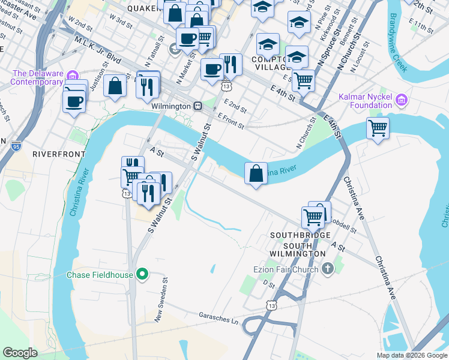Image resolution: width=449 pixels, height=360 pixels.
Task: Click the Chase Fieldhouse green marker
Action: click(x=142, y=275)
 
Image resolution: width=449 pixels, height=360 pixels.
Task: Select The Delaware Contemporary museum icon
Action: click(x=72, y=76)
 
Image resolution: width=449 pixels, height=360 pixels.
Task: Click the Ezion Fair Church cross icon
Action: click(x=328, y=268)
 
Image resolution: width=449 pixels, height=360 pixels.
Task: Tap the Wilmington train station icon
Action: click(x=197, y=106)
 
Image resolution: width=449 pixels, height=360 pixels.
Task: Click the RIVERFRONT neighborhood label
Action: click(x=59, y=154)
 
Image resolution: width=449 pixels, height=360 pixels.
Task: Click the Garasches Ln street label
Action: click(x=218, y=322)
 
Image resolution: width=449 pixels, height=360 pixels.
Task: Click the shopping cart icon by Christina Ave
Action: click(x=378, y=127)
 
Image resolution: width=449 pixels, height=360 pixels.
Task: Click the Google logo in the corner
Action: click(x=20, y=353)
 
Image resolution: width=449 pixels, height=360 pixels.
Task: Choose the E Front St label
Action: click(x=231, y=121)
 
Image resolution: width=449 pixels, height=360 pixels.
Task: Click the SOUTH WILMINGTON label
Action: click(x=298, y=250)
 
